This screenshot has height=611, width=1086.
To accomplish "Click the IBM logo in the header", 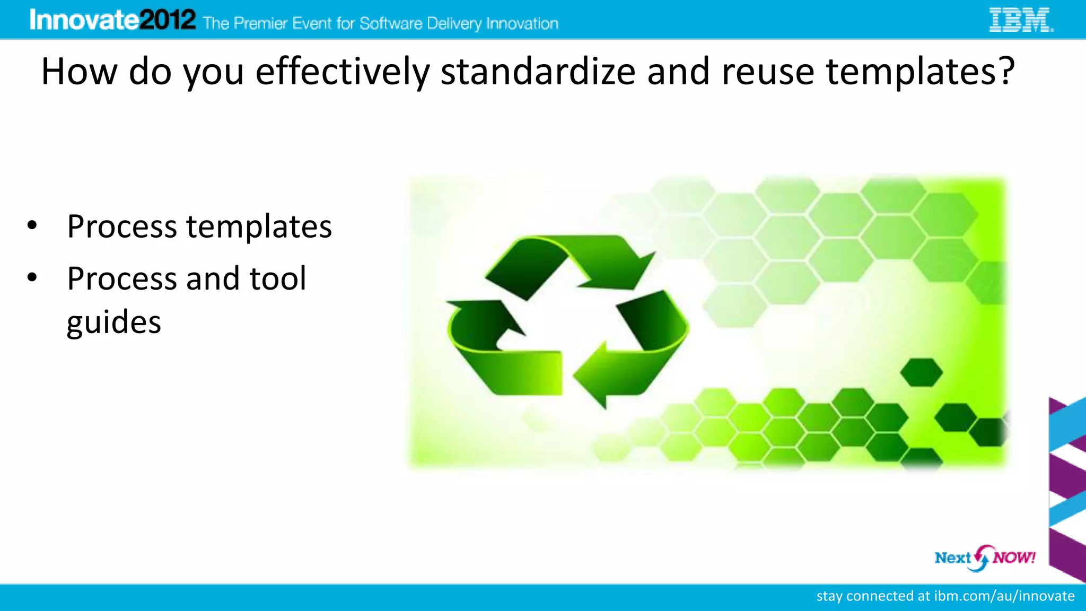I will [1021, 20].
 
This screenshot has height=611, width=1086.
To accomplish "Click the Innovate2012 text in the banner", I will [112, 20].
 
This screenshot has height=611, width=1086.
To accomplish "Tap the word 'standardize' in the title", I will [538, 72].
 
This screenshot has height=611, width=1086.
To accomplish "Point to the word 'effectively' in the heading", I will [342, 72].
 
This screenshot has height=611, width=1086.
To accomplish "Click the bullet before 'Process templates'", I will [32, 225].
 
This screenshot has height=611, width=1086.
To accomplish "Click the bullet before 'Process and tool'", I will [32, 277].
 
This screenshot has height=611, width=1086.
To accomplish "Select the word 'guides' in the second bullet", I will [113, 322].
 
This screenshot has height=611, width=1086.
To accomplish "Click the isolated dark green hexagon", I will [922, 372].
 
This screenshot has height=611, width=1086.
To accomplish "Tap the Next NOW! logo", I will [984, 558].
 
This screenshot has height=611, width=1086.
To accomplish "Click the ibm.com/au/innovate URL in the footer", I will [1004, 596].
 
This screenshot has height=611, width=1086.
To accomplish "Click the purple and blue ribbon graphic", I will [1067, 488].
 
